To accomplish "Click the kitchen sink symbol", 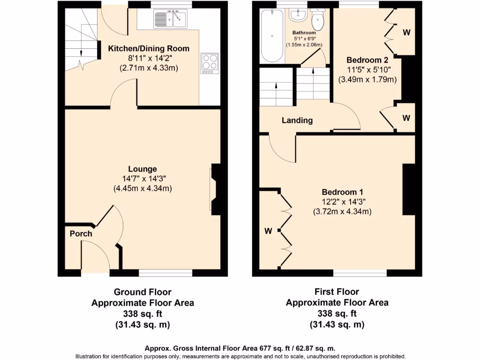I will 170,19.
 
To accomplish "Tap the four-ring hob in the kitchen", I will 210,63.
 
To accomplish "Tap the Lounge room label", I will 142,169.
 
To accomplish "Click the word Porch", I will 81,233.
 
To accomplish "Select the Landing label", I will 297,120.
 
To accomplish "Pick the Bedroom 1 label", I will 342,192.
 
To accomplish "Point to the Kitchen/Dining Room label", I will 149,48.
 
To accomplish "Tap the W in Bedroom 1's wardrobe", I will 268,231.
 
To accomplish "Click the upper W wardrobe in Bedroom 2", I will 406,32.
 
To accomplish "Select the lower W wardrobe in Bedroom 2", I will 406,118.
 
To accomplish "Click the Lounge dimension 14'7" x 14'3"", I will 142,179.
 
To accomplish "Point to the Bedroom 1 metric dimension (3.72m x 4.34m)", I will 342,212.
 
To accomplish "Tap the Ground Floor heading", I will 142,292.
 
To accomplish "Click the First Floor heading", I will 337,292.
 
